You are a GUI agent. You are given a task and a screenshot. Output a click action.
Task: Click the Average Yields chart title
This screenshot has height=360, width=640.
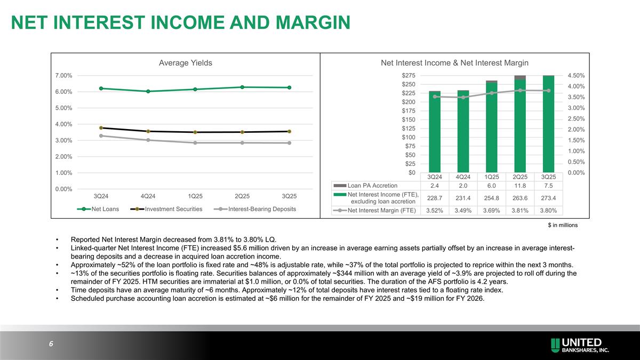click(186, 63)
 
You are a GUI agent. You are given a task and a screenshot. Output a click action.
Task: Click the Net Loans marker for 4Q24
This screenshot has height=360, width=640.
click(148, 91)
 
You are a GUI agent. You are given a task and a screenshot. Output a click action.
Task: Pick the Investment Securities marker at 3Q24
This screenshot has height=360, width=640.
click(101, 128)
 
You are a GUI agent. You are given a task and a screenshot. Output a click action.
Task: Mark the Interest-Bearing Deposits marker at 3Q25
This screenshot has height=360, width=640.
click(289, 143)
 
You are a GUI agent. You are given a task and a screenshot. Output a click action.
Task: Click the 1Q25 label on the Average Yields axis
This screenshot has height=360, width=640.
click(195, 196)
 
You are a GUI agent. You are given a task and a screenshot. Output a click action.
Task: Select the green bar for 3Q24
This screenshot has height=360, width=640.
click(435, 133)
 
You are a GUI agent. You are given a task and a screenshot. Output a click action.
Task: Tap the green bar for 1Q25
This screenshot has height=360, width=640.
click(491, 128)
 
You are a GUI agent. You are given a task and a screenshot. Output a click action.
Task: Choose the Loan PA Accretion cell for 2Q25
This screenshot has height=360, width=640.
click(520, 186)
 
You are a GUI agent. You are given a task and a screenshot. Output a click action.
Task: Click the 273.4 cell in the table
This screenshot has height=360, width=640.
click(548, 198)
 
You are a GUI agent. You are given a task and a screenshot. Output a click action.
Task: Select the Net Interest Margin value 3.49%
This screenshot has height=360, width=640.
click(463, 210)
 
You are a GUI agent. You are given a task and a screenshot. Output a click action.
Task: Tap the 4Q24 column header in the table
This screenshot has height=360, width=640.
click(463, 177)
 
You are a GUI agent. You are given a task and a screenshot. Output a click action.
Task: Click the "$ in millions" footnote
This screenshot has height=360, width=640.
click(563, 226)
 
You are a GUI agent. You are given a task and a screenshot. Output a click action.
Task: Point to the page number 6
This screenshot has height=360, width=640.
click(51, 344)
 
